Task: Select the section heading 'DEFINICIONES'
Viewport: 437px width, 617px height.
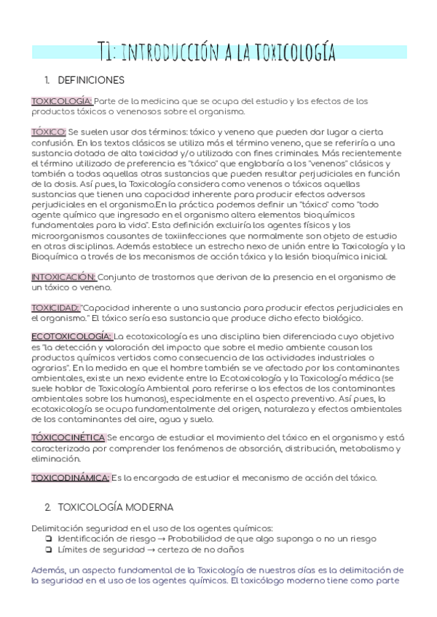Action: pos(90,80)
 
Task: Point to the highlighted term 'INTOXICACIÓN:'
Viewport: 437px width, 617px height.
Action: pos(64,277)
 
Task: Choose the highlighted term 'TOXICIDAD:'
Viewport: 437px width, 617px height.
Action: pos(55,308)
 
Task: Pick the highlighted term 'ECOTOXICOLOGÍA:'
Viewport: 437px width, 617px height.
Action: pos(71,337)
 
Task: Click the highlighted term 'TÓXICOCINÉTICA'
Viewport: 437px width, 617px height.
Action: pos(68,438)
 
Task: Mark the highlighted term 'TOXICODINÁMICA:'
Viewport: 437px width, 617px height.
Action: pos(70,477)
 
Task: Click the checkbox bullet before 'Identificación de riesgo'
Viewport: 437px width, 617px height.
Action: pos(47,539)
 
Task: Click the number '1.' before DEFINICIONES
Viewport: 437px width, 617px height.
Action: pos(48,80)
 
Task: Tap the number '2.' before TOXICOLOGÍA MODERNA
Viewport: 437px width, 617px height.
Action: pos(48,506)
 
